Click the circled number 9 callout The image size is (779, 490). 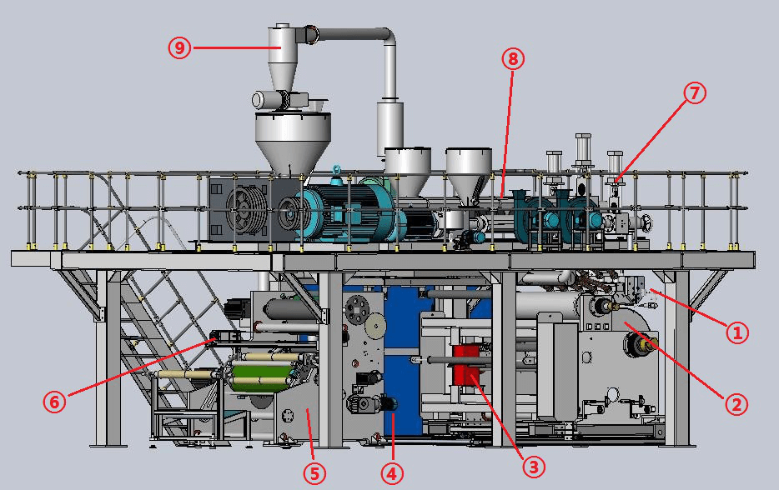pos(179,48)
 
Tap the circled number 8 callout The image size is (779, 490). pos(513,59)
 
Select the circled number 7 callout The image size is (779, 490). pos(695,92)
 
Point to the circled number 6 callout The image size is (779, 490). pos(55,401)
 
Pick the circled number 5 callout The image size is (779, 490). pos(314,473)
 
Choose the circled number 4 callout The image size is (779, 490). pos(392,473)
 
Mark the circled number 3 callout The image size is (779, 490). pos(534,467)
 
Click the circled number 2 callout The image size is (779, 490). pos(736,405)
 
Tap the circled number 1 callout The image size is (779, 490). pos(737,332)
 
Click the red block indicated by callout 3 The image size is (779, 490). pos(466,365)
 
